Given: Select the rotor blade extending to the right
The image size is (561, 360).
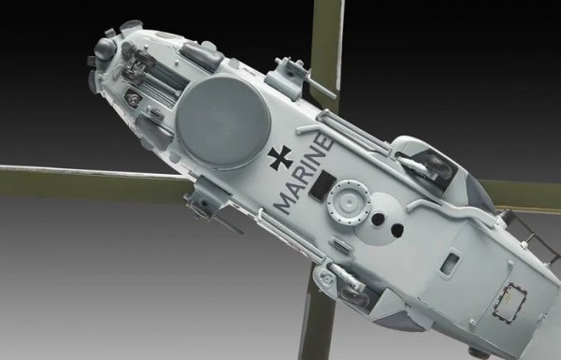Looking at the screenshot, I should coord(524,194).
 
